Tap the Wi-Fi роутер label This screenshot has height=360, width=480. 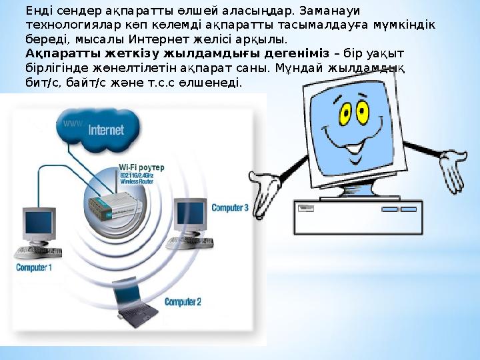141,167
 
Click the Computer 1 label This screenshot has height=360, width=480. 34,267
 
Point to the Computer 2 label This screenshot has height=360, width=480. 183,302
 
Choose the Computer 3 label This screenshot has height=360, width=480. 229,208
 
